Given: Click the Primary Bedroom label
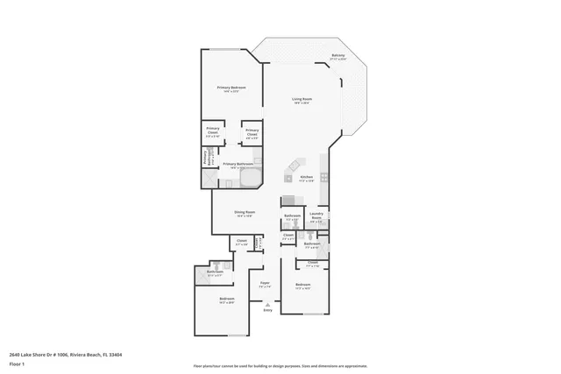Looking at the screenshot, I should [231, 88].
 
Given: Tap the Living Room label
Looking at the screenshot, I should [302, 99].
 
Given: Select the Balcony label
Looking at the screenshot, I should [338, 56].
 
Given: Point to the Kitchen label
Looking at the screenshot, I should [307, 177].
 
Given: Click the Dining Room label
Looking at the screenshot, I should [245, 212].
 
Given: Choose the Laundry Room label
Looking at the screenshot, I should [317, 215].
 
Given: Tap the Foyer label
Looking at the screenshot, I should [264, 283].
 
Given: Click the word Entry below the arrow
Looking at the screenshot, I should [268, 310].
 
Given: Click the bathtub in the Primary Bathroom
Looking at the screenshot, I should [249, 180].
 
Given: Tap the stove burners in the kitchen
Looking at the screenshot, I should [324, 177].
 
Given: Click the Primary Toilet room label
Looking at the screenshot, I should [208, 158].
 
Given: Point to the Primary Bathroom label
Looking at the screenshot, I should [238, 164].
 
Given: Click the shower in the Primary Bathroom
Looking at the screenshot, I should [210, 179].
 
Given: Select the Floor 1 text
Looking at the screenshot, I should [17, 363].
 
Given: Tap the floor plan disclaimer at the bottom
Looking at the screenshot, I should [280, 366].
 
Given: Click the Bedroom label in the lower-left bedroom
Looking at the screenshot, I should [227, 299].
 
